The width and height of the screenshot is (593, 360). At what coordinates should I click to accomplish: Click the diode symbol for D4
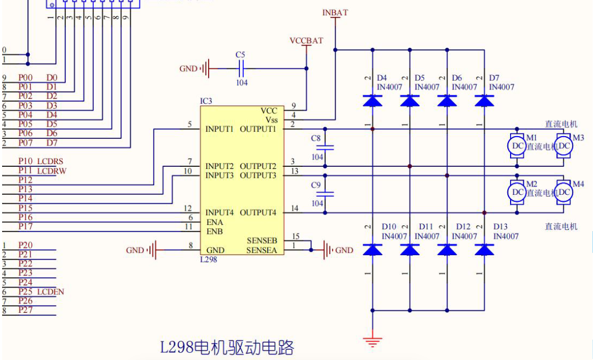(373, 100)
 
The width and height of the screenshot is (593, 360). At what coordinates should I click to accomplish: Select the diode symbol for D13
(484, 250)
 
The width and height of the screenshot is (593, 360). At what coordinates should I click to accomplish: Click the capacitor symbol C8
(329, 147)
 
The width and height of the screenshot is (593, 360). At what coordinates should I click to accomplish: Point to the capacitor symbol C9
(329, 193)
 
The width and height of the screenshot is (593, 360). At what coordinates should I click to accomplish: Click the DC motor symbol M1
(517, 146)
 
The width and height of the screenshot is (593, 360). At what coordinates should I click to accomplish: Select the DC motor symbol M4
(564, 192)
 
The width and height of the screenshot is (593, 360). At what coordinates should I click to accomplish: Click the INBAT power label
(335, 12)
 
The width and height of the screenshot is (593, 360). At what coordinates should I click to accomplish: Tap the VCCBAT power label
(306, 41)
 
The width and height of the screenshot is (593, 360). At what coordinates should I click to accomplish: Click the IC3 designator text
(206, 102)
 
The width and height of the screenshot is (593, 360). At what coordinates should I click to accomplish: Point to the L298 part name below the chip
(209, 260)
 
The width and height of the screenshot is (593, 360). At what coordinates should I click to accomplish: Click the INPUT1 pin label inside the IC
(220, 130)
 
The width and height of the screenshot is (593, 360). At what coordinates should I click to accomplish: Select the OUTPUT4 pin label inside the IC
(258, 213)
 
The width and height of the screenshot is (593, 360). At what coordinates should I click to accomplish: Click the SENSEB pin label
(262, 241)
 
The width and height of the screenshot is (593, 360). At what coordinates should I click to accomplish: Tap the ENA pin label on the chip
(215, 222)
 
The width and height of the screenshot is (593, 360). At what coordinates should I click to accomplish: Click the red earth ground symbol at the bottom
(373, 340)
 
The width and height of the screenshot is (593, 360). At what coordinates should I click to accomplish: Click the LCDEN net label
(51, 292)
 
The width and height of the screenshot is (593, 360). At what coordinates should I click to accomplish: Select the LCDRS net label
(50, 161)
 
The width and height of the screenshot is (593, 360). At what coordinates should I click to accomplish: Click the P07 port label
(25, 143)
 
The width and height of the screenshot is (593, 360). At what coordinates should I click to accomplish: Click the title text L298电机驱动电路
(227, 347)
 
